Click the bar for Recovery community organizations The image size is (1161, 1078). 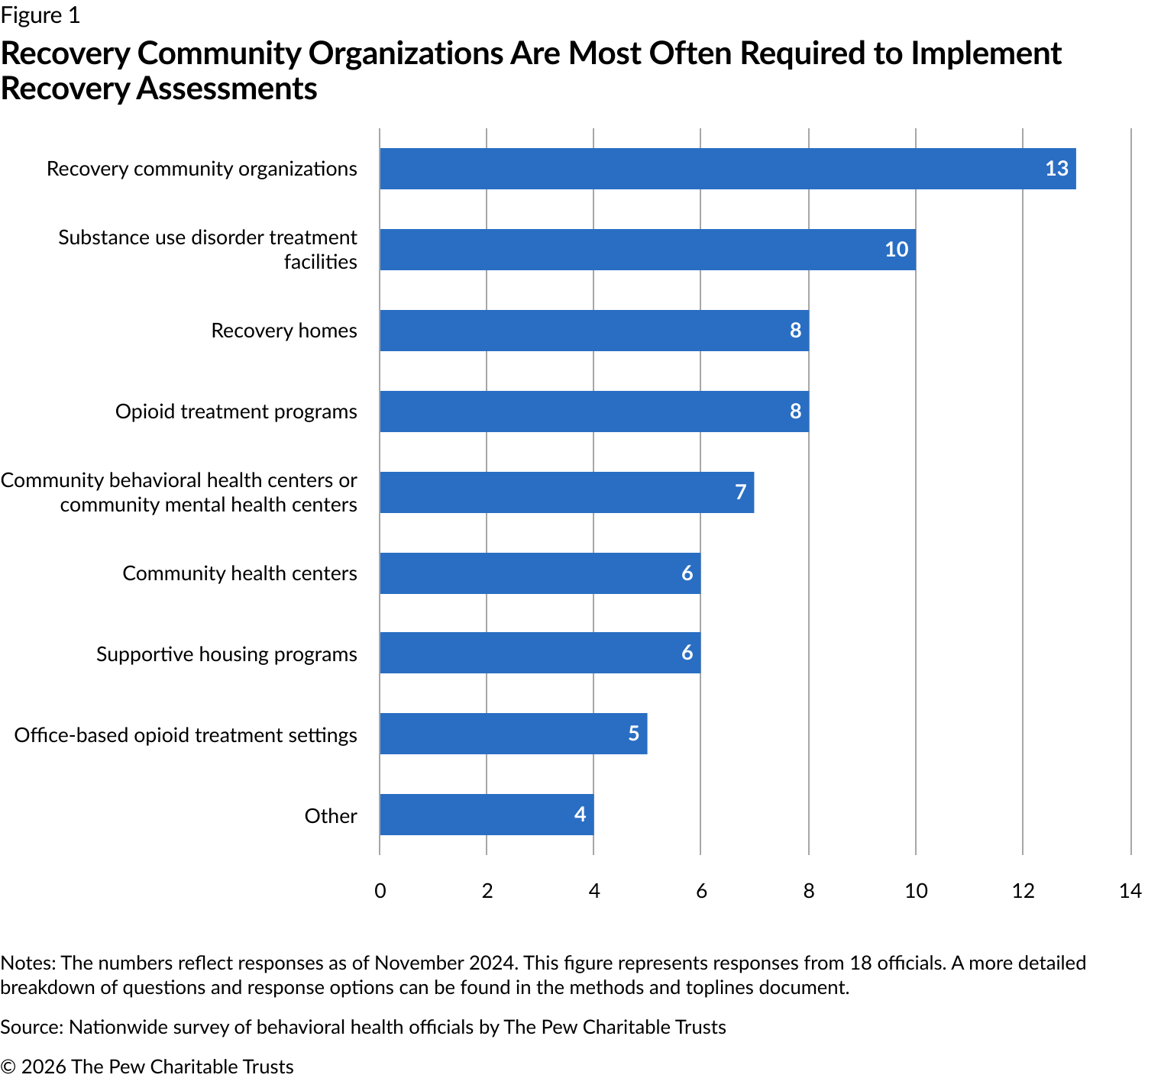click(x=727, y=169)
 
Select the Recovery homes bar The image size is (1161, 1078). click(x=593, y=331)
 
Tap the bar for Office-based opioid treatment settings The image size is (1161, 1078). click(x=513, y=734)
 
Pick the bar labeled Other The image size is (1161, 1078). click(x=487, y=815)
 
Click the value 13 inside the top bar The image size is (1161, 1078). click(x=1056, y=169)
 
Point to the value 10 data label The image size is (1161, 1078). click(x=896, y=250)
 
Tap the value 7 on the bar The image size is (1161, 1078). click(x=740, y=492)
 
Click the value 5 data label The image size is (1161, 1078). click(x=633, y=734)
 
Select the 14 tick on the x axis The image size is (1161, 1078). click(x=1130, y=891)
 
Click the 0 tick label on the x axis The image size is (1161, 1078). click(x=380, y=891)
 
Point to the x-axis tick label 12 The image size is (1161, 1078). click(x=1023, y=891)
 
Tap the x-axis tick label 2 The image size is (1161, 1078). click(x=487, y=891)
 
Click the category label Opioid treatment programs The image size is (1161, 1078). click(x=236, y=412)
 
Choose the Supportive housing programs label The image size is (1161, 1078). click(x=226, y=654)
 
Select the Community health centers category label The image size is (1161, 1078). click(x=239, y=573)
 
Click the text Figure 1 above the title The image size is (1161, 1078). click(x=40, y=15)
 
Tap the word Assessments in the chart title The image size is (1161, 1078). click(x=227, y=89)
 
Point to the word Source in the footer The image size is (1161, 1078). click(x=31, y=1027)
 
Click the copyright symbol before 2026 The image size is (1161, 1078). click(x=8, y=1067)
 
